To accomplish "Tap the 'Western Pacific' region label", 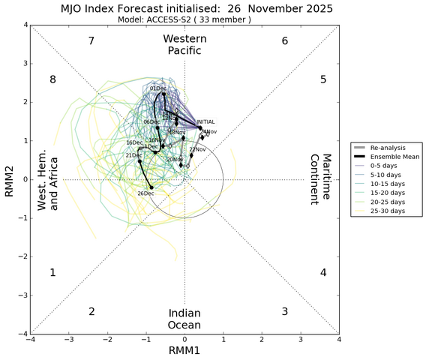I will coord(184,44).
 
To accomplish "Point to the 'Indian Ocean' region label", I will coord(184,319).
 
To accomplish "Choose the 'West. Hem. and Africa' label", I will coord(48,179).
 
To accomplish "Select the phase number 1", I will coord(52,273).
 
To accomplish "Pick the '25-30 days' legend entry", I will coord(386,211).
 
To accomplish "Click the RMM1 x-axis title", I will coord(184,352).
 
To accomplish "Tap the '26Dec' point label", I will coord(145,193).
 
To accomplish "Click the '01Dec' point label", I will coord(157,89).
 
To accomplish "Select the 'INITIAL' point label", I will coord(205,122).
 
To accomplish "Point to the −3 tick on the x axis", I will coord(69,340).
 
